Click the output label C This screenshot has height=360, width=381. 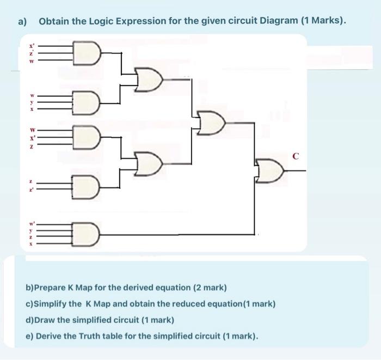[296, 157]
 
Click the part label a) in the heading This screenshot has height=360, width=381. [22, 22]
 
